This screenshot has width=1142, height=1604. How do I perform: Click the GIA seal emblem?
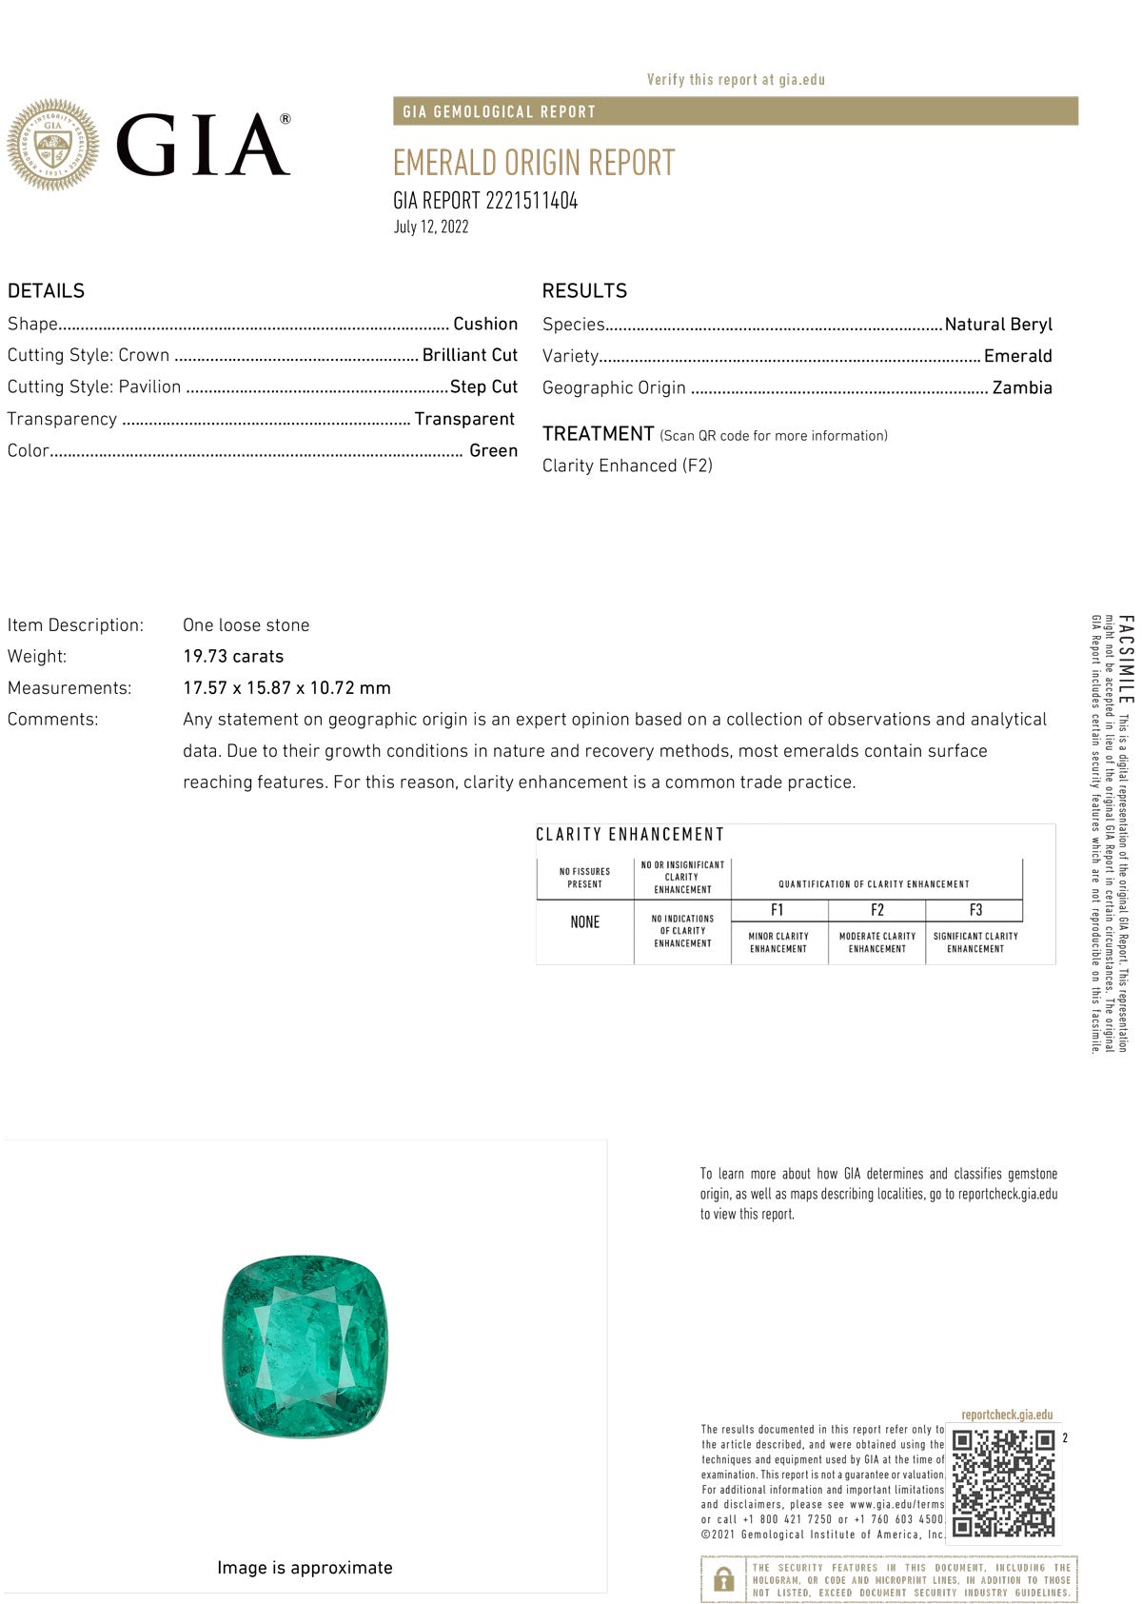(53, 145)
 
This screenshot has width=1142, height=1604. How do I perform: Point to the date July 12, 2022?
(431, 227)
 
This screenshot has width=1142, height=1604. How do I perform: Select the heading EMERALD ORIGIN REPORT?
(534, 163)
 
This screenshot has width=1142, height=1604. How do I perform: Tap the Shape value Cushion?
(485, 324)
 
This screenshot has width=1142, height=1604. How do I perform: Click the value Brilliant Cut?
(470, 355)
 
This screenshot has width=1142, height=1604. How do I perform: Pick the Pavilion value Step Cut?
(483, 386)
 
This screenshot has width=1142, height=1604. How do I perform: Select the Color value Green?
(493, 450)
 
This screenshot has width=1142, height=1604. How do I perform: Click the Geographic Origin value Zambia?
(1022, 387)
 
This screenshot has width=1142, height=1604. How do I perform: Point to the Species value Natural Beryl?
(998, 324)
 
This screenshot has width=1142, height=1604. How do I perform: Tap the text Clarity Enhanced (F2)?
(627, 465)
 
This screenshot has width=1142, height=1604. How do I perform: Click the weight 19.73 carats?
(233, 656)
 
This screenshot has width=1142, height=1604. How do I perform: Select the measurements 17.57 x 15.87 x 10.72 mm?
(286, 687)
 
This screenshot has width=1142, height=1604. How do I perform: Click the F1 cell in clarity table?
(778, 910)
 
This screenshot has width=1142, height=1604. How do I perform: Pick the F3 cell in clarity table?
(975, 910)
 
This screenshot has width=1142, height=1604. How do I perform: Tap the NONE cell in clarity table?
(584, 922)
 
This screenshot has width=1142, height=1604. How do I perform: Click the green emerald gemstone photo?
(305, 1345)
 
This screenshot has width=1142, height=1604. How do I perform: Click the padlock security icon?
(723, 1579)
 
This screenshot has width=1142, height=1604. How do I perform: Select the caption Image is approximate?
(305, 1568)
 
